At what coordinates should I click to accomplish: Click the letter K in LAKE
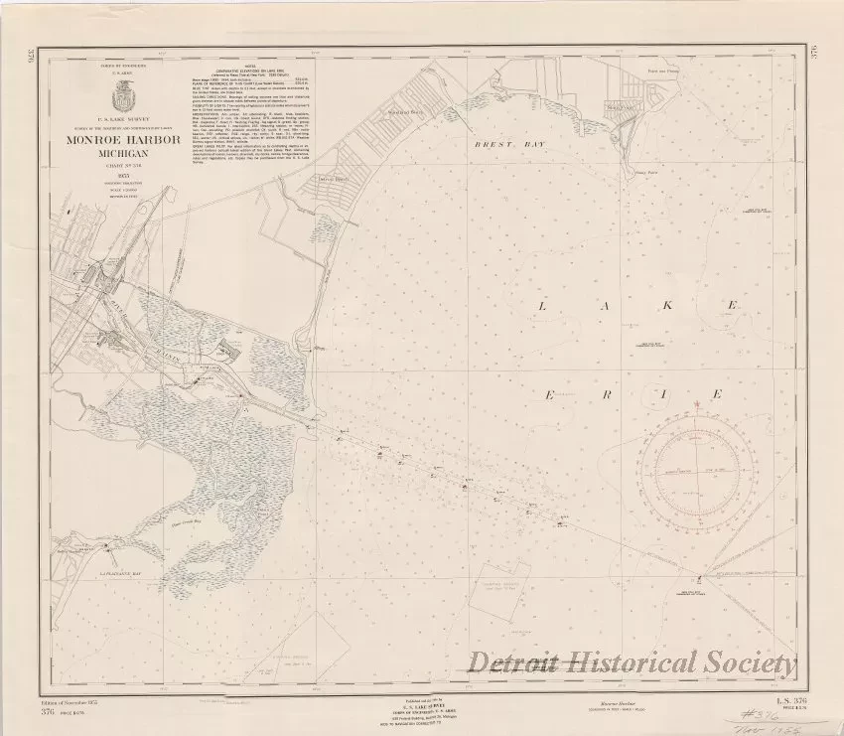point(668,308)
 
